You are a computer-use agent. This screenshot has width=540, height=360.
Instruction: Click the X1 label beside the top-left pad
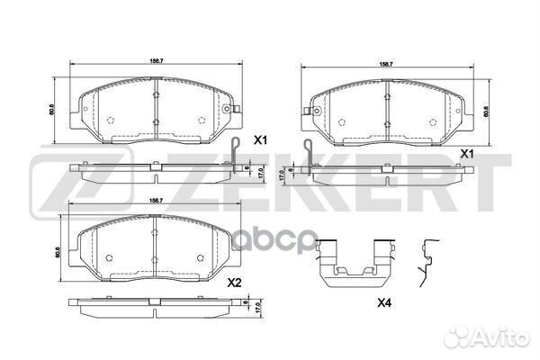pos(261,139)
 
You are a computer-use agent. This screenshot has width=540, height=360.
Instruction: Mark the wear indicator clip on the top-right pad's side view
pos(309,153)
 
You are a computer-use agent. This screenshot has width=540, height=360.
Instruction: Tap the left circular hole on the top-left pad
pos(109,121)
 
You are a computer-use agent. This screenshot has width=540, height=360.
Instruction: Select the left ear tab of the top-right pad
pos(308,112)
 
